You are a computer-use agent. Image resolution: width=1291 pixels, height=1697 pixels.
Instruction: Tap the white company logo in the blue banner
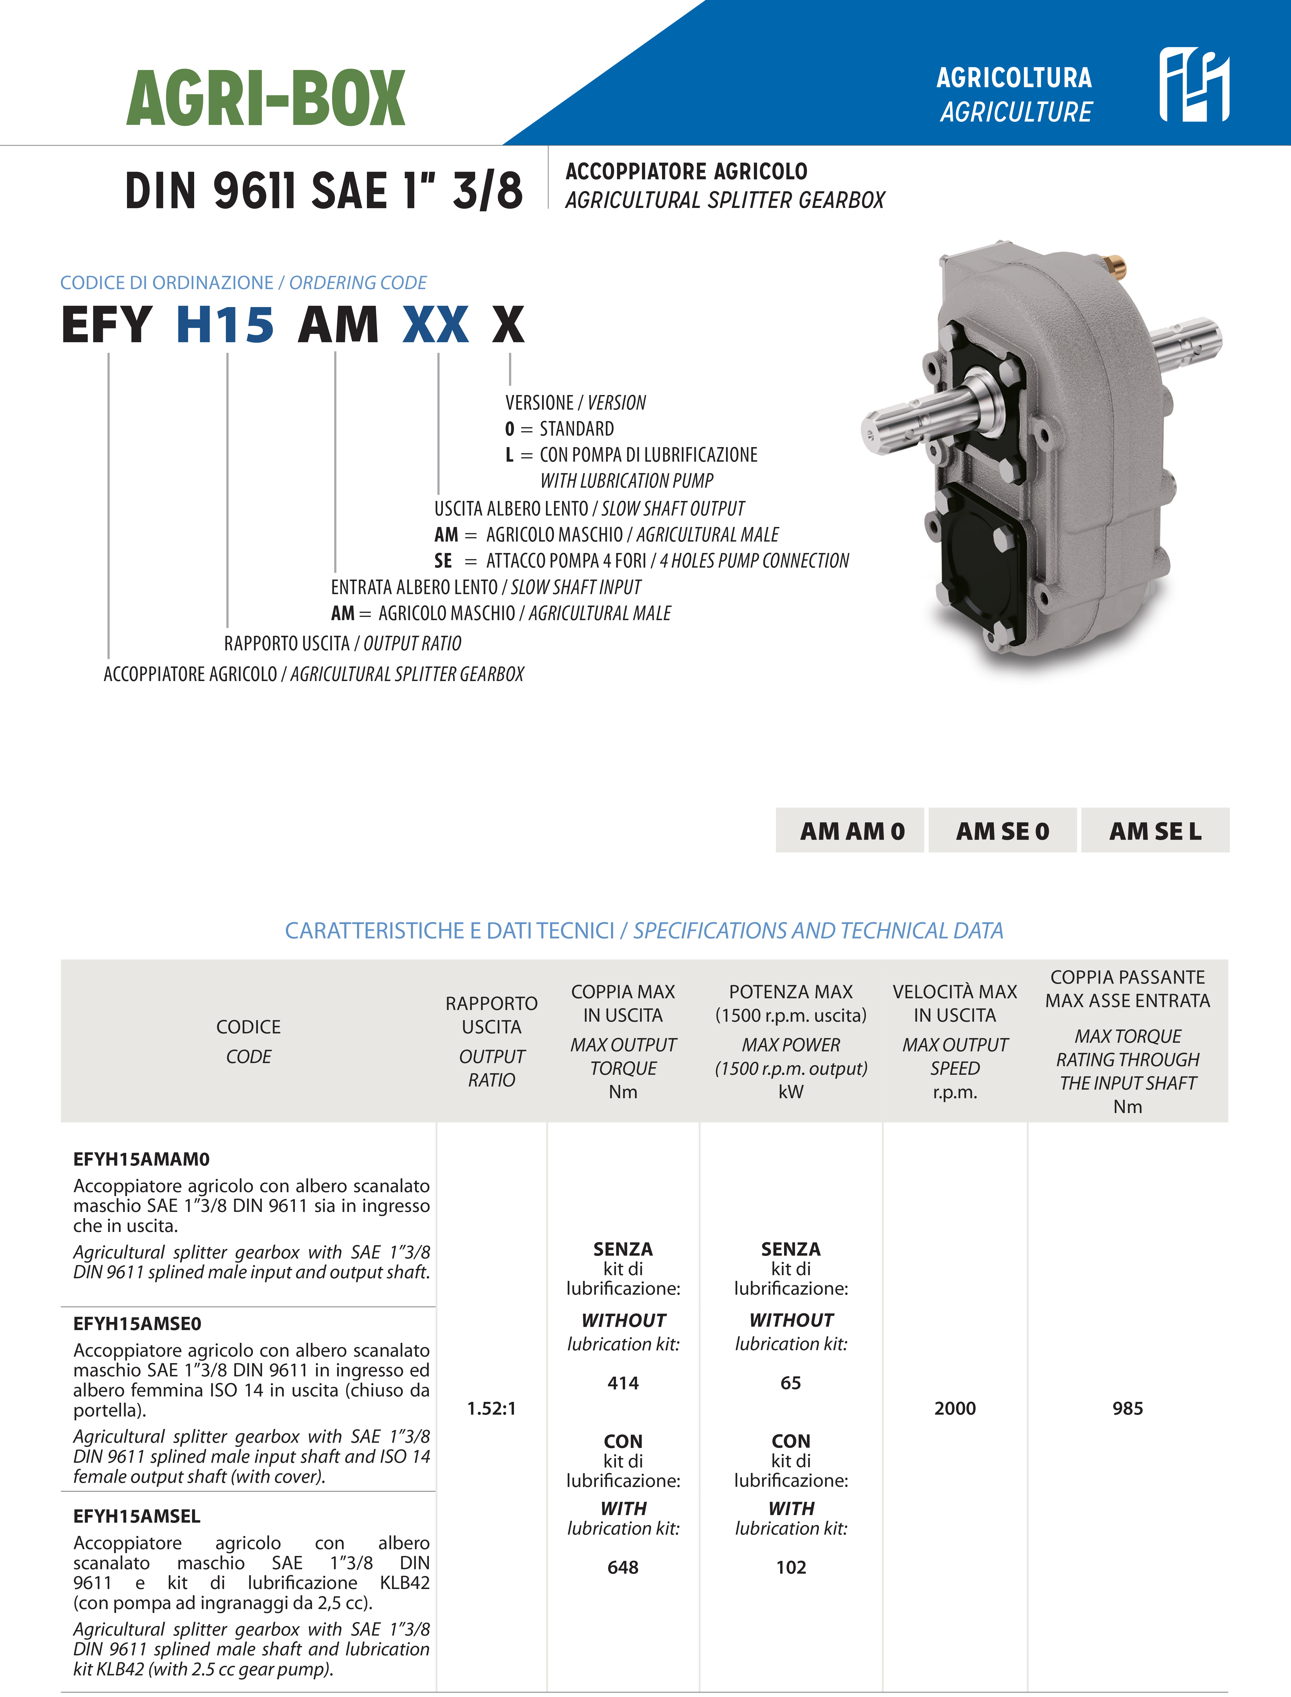(1193, 85)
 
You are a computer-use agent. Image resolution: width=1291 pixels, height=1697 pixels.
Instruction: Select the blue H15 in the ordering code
(224, 324)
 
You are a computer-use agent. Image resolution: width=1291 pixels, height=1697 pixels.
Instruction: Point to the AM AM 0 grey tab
(851, 831)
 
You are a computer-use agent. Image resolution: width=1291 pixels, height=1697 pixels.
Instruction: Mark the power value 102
(791, 1567)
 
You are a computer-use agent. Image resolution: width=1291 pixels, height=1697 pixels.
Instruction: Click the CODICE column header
(248, 1027)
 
